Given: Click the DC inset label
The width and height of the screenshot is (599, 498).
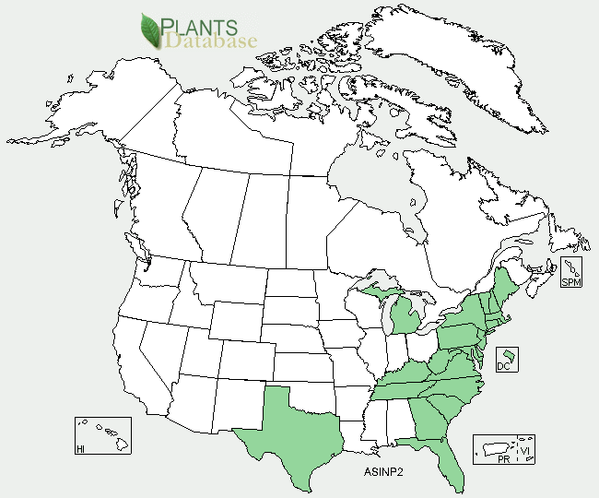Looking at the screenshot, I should click(x=503, y=366).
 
